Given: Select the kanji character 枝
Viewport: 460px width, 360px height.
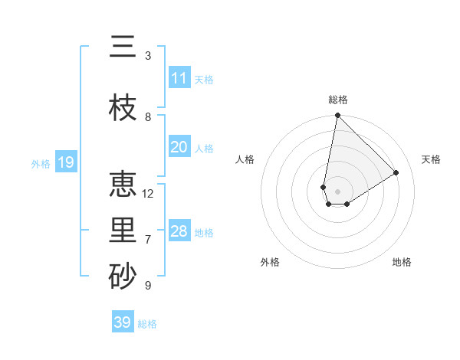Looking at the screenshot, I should (x=123, y=109).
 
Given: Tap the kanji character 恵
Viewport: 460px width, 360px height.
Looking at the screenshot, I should (x=123, y=185).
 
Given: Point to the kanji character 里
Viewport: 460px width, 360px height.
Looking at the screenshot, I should (x=123, y=231).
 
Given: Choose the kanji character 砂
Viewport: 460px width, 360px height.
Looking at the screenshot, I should (x=123, y=277).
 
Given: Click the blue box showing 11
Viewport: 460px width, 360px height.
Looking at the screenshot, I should (x=179, y=78).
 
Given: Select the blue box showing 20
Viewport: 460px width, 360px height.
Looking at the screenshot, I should (x=179, y=147).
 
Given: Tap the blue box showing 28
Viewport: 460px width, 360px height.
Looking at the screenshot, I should (x=179, y=231).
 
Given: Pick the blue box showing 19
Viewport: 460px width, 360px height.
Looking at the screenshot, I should (x=66, y=162).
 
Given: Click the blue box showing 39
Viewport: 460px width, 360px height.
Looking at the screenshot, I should (x=123, y=322).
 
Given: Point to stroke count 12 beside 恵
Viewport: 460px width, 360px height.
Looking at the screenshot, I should (x=148, y=194).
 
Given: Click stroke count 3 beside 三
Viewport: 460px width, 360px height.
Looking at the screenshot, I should (x=148, y=56).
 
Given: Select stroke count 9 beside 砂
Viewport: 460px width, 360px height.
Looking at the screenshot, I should (x=148, y=286).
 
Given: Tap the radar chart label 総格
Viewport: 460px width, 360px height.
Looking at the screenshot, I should (x=338, y=100).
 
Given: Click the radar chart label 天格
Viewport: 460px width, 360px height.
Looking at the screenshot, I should (x=431, y=159).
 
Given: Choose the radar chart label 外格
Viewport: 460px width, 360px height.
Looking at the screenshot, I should (x=270, y=262).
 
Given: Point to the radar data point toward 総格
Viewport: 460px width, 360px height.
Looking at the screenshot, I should (x=337, y=116).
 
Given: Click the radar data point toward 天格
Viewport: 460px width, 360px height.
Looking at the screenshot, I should (x=396, y=173).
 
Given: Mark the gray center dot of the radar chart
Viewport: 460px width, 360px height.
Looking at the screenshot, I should (x=337, y=190).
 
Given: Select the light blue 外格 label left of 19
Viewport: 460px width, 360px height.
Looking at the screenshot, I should (x=41, y=163).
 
